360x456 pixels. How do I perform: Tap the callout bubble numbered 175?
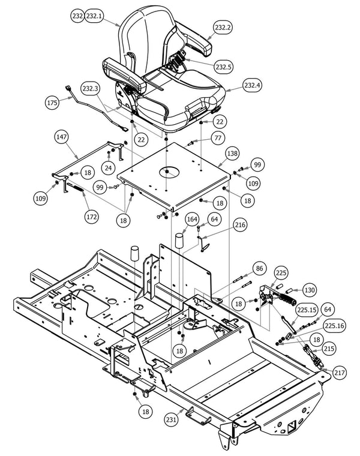click(x=53, y=103)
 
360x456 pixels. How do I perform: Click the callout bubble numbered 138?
click(x=233, y=154)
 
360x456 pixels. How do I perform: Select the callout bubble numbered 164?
click(x=191, y=219)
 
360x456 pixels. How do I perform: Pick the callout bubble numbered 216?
click(x=224, y=225)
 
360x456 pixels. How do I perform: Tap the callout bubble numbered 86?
click(x=259, y=268)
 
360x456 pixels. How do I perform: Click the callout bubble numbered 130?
click(x=308, y=290)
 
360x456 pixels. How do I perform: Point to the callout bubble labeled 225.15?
click(x=306, y=310)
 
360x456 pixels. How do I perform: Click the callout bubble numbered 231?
click(x=172, y=420)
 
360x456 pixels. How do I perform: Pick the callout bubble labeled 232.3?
click(x=91, y=89)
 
